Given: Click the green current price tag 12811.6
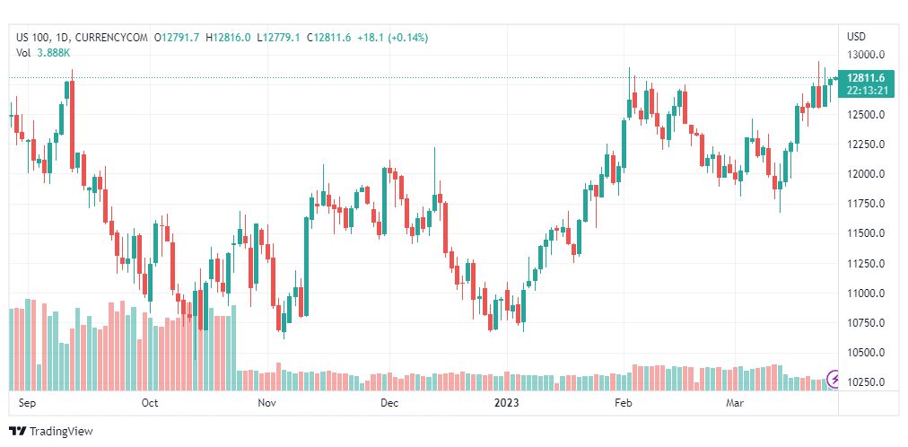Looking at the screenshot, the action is point(865,78).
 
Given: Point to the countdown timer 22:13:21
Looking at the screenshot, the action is point(865,91).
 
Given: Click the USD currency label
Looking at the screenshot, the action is point(857,37).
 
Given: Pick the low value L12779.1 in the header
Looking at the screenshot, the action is point(280,38).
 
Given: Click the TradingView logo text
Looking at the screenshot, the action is point(61,432).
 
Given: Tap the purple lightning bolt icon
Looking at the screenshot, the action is point(834,380).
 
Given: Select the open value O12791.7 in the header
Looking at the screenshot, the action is point(176,38).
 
